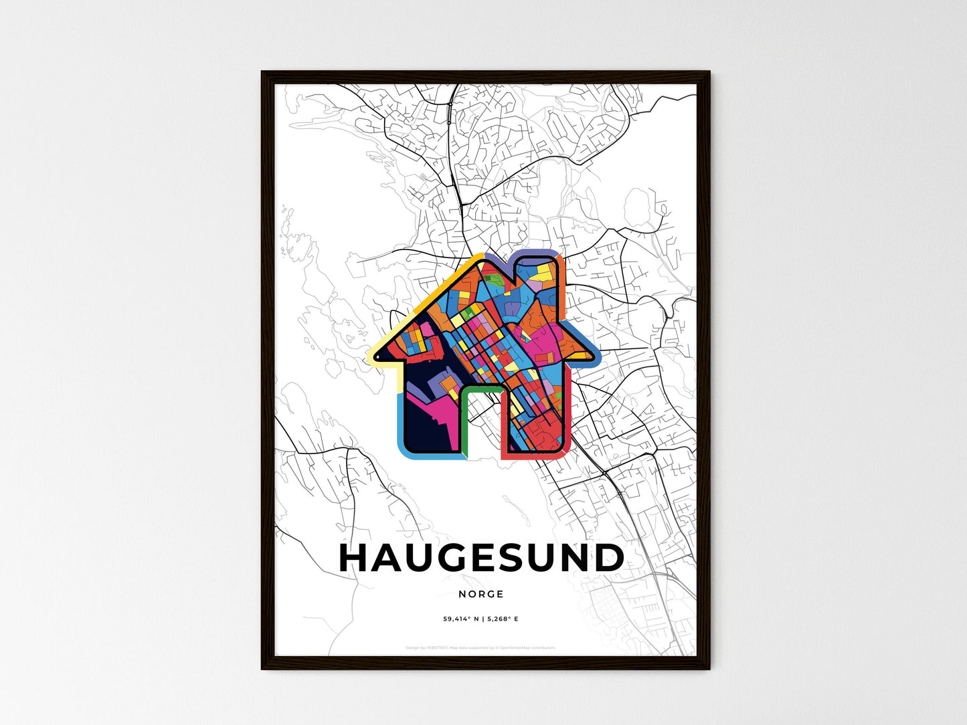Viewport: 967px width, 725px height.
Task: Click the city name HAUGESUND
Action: pos(482,558)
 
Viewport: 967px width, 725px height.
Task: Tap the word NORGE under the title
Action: pos(481,594)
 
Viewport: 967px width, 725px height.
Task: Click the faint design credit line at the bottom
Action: pos(480,647)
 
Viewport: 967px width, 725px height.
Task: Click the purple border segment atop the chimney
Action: pos(539,252)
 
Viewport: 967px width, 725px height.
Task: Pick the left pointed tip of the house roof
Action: pos(371,360)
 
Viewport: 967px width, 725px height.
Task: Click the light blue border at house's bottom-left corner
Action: pos(404,452)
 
